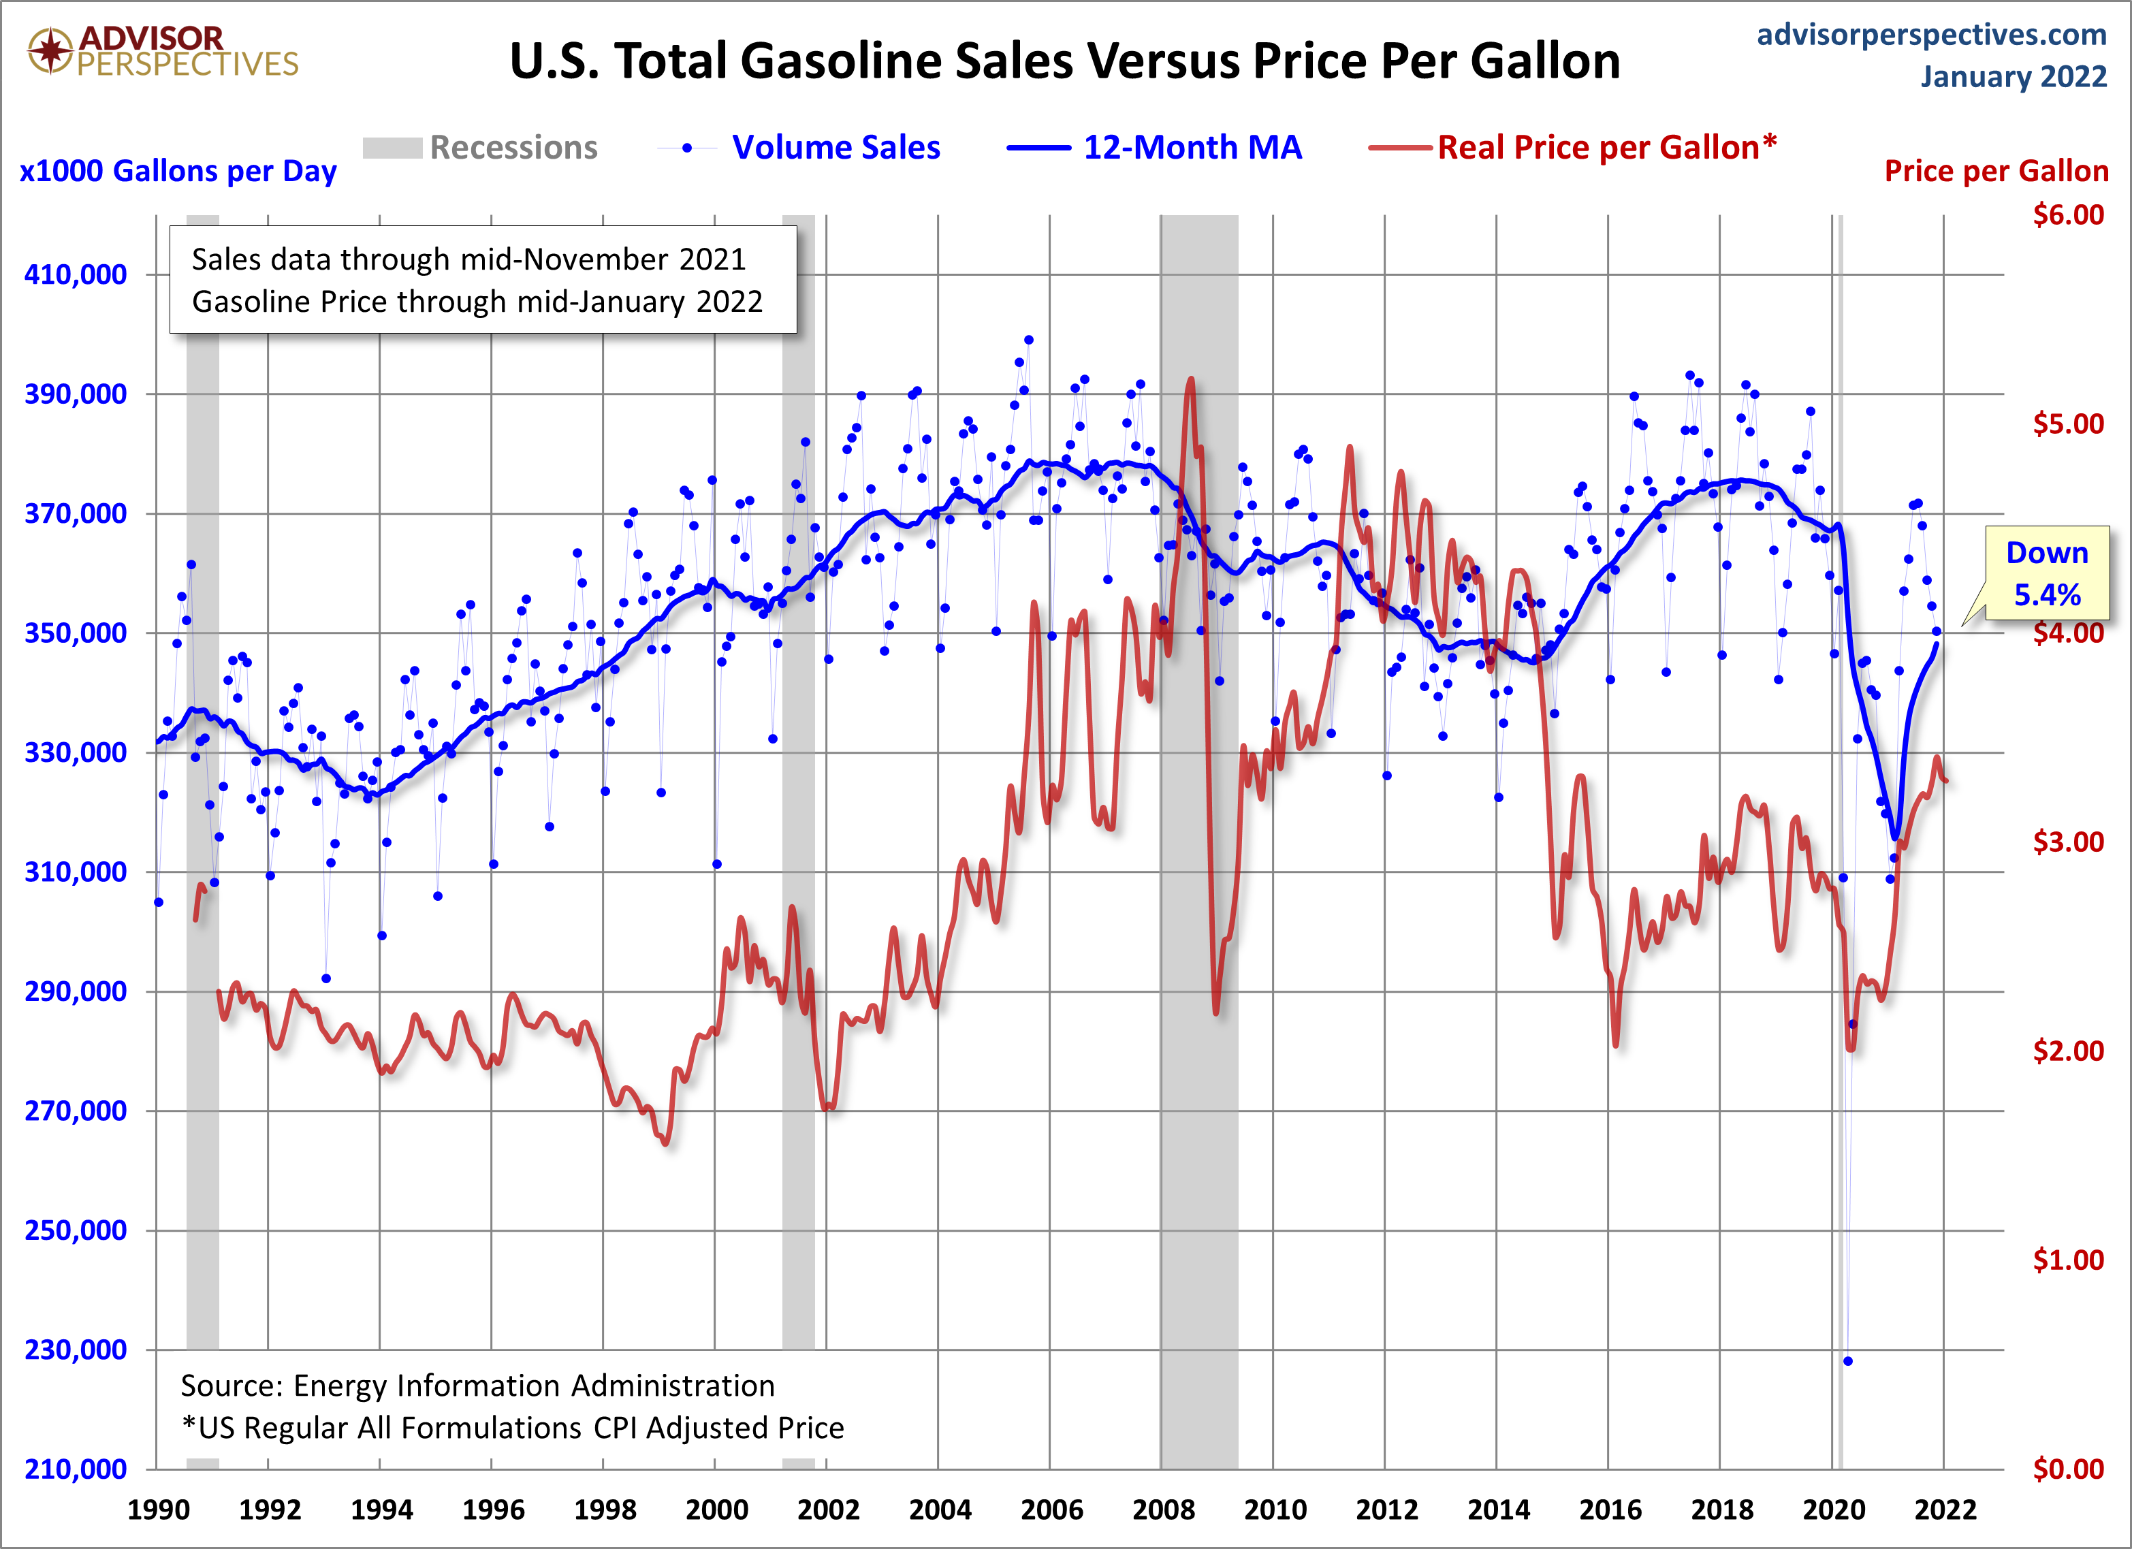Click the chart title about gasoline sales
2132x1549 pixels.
(1064, 62)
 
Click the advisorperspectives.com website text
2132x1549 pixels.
(1931, 35)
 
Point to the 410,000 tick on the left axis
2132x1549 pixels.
(75, 274)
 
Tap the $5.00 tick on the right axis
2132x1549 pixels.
(2067, 424)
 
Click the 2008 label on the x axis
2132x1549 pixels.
(1163, 1510)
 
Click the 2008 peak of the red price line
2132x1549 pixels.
(1191, 380)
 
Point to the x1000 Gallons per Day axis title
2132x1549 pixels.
(178, 171)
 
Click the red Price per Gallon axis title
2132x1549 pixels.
(1996, 171)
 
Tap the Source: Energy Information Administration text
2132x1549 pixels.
(477, 1386)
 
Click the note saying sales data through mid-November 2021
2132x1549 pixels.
(468, 259)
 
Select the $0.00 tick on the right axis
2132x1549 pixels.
(2067, 1469)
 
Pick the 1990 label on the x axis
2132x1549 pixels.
(158, 1510)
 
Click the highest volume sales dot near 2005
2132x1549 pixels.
(1028, 340)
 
